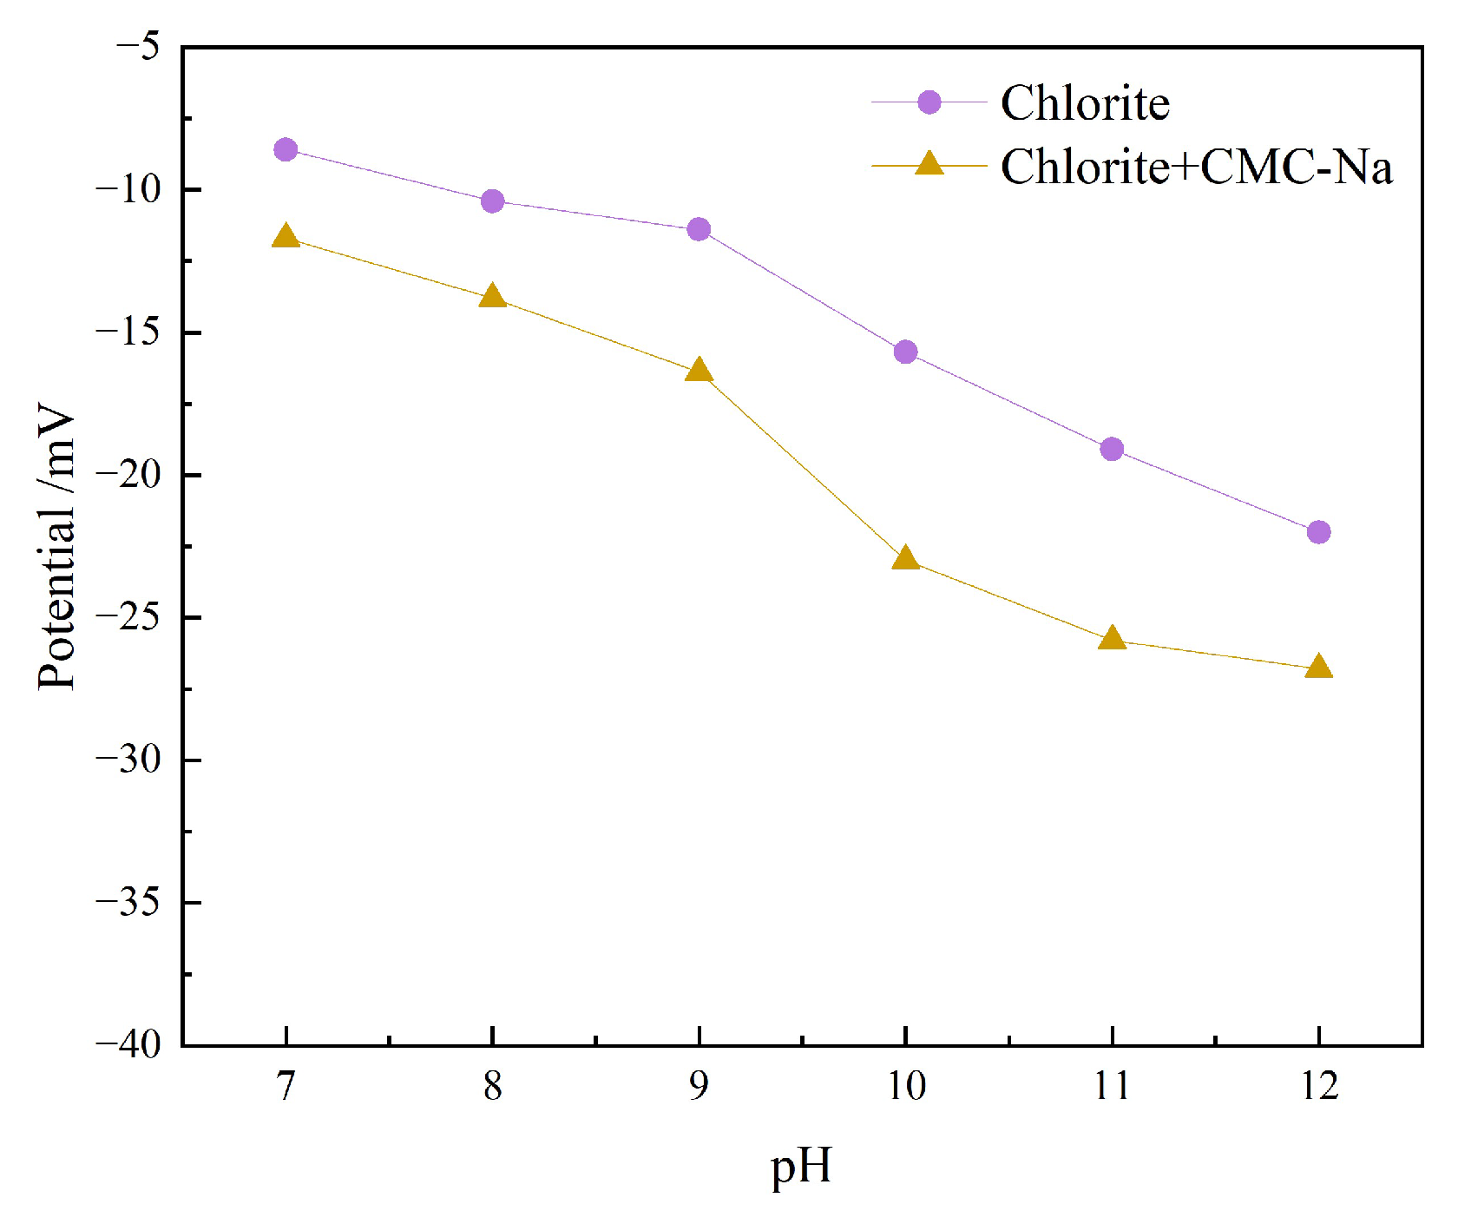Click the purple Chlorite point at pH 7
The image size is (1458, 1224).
(x=286, y=150)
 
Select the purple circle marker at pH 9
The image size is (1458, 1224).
(x=699, y=229)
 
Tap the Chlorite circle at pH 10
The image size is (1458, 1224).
(x=905, y=352)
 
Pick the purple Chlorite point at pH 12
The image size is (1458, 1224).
(x=1318, y=531)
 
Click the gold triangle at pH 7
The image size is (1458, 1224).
(x=286, y=237)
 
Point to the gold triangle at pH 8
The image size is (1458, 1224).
(x=492, y=297)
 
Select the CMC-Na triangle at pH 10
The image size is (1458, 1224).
(x=905, y=559)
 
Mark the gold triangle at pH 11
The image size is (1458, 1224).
(x=1112, y=640)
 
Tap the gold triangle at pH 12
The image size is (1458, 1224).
(x=1318, y=668)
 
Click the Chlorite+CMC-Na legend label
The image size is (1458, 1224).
(x=1196, y=167)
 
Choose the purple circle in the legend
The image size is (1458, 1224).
(x=929, y=102)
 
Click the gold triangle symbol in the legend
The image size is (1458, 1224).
(x=929, y=164)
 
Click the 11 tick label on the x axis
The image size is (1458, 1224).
(x=1112, y=1086)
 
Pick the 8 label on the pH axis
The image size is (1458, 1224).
(x=492, y=1086)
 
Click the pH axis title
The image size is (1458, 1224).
(x=800, y=1167)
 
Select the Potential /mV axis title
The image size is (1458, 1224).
(x=57, y=547)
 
